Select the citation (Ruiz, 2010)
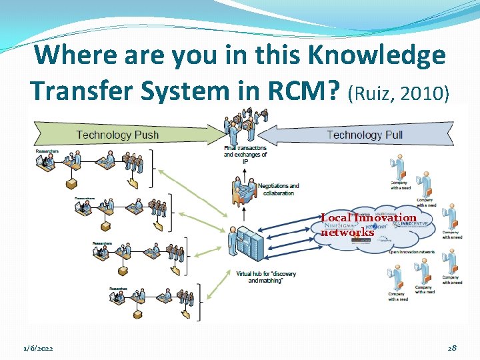pyautogui.click(x=398, y=93)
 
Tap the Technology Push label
pyautogui.click(x=117, y=135)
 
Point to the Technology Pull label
pyautogui.click(x=365, y=135)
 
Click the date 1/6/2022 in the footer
pyautogui.click(x=37, y=349)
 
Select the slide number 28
pyautogui.click(x=452, y=349)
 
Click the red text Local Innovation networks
pyautogui.click(x=368, y=225)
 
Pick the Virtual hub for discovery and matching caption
pyautogui.click(x=266, y=277)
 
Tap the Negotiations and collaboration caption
pyautogui.click(x=278, y=189)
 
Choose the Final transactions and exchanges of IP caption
pyautogui.click(x=245, y=155)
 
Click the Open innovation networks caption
pyautogui.click(x=411, y=252)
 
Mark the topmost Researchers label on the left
pyautogui.click(x=47, y=151)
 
